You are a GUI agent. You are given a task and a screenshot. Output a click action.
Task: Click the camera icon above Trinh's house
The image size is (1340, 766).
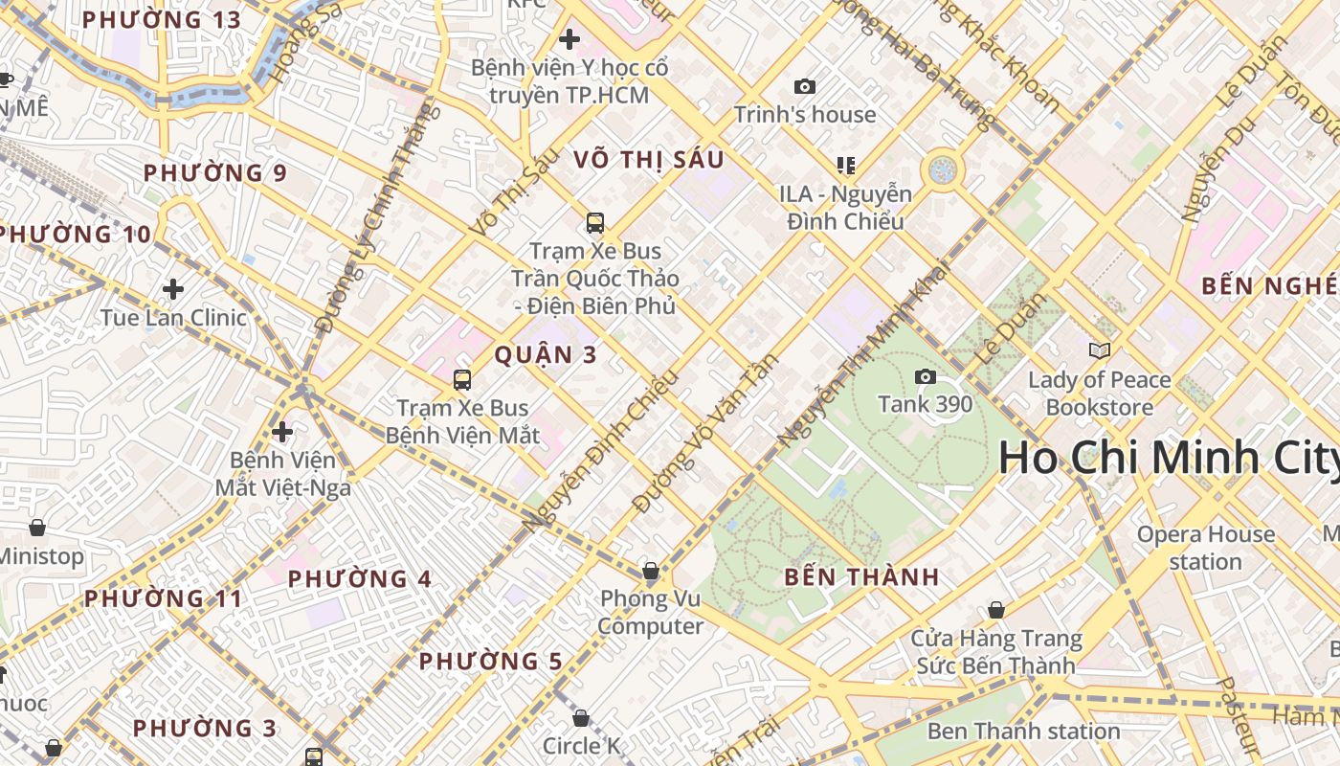click(805, 86)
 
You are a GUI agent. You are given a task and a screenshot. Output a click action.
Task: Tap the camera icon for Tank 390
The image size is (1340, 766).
click(925, 376)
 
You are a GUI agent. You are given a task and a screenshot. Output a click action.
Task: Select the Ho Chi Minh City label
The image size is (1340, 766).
click(1168, 458)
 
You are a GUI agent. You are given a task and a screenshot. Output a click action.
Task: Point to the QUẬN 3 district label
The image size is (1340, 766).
click(545, 355)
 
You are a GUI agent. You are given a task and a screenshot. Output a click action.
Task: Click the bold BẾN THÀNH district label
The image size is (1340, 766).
click(861, 577)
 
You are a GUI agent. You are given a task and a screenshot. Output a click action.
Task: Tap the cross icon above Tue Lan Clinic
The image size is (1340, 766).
click(173, 289)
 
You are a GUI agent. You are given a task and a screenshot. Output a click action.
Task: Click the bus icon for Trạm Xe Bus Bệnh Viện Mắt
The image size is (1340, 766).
click(462, 380)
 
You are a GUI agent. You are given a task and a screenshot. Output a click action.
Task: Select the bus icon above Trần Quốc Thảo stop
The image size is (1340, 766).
click(594, 223)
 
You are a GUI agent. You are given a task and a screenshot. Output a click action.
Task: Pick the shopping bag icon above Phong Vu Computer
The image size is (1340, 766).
click(651, 572)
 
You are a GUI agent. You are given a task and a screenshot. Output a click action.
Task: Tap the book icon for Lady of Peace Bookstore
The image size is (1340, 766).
click(1100, 351)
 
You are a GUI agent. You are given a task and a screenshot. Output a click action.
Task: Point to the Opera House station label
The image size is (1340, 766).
click(1205, 548)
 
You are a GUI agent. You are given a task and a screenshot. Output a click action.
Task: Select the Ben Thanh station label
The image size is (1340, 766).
click(1023, 732)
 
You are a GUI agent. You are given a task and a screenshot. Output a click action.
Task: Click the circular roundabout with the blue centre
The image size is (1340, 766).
click(943, 170)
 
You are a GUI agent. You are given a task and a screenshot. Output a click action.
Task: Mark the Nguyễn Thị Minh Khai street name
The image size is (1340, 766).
click(861, 354)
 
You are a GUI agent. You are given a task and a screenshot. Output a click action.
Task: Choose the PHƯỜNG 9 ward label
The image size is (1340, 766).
click(214, 173)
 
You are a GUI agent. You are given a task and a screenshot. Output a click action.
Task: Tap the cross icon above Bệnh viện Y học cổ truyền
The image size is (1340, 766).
click(569, 39)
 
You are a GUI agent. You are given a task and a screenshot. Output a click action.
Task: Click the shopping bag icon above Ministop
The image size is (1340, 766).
click(36, 528)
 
